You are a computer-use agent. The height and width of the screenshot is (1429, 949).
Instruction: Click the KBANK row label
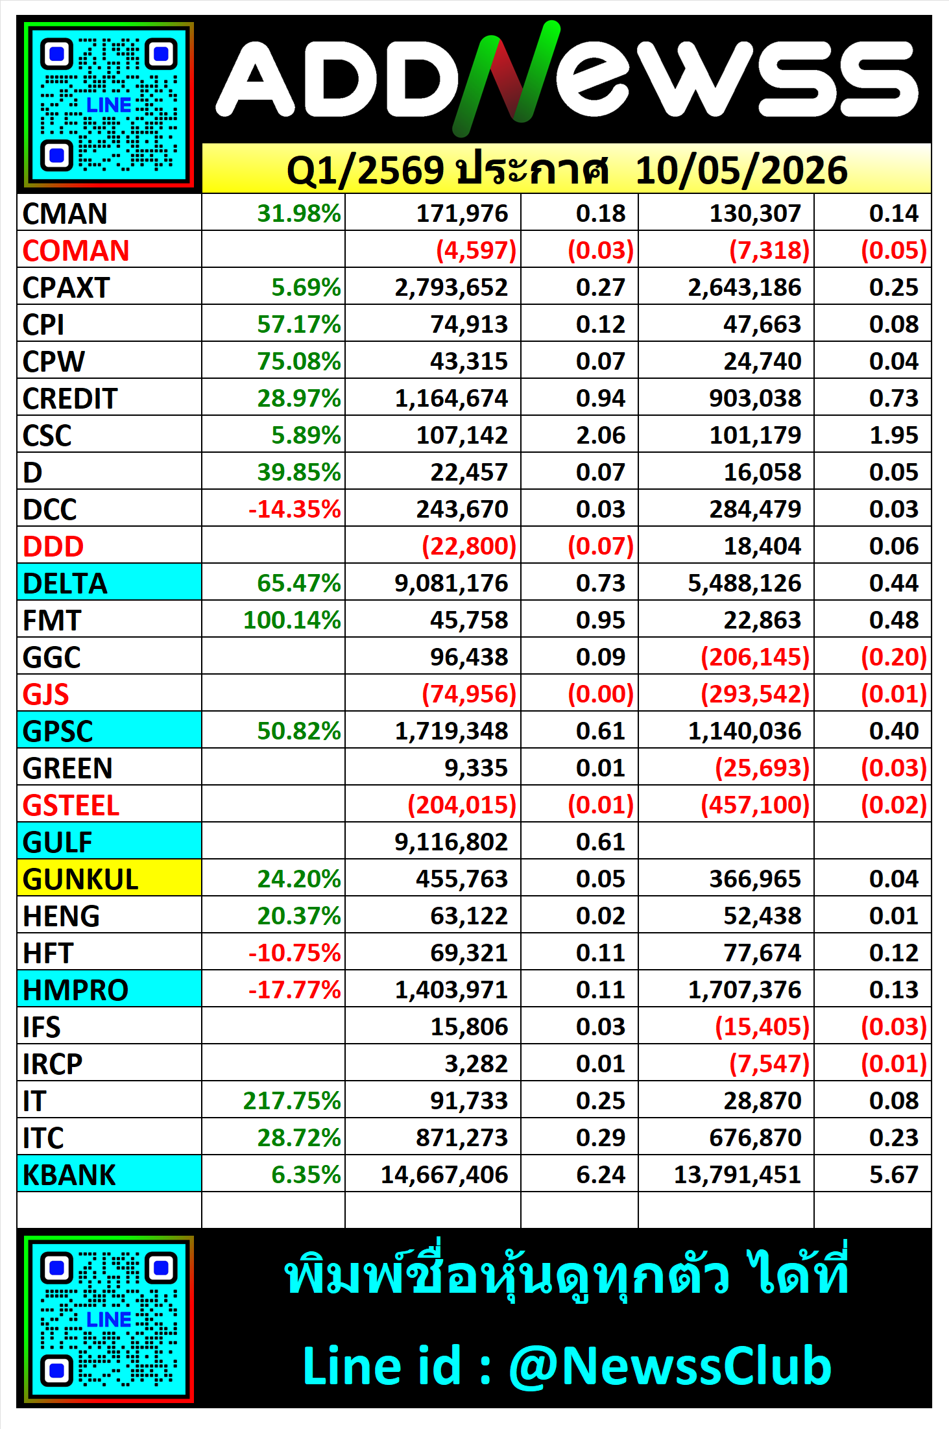tap(69, 1175)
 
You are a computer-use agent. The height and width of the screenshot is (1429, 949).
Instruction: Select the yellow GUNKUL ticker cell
tap(109, 878)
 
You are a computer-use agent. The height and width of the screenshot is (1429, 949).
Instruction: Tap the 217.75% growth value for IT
tap(292, 1101)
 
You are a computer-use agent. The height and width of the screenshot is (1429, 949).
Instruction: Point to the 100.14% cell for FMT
tap(292, 620)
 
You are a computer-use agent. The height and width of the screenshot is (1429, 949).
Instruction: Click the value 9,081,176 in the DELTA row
tap(451, 583)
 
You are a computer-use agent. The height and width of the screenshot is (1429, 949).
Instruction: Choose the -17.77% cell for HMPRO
tap(294, 990)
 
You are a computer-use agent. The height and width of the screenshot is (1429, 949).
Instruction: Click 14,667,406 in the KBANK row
tap(444, 1175)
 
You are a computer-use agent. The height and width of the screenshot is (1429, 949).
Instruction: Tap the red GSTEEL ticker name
tap(71, 805)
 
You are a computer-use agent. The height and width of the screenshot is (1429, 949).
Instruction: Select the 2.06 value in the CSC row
tap(601, 435)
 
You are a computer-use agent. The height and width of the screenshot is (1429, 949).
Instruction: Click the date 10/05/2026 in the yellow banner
tap(741, 170)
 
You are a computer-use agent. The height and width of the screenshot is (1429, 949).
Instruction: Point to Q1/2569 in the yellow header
tap(366, 170)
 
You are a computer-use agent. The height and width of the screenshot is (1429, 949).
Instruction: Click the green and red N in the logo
tap(506, 78)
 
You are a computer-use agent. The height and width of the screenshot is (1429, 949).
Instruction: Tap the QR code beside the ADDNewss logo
tap(109, 104)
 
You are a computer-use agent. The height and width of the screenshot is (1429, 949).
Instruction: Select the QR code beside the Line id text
tap(109, 1319)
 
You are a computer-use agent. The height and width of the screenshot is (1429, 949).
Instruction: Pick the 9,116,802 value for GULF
tap(451, 842)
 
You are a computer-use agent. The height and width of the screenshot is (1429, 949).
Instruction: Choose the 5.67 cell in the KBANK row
tap(894, 1175)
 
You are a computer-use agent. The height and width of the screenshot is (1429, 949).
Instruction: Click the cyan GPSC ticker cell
tap(109, 730)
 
